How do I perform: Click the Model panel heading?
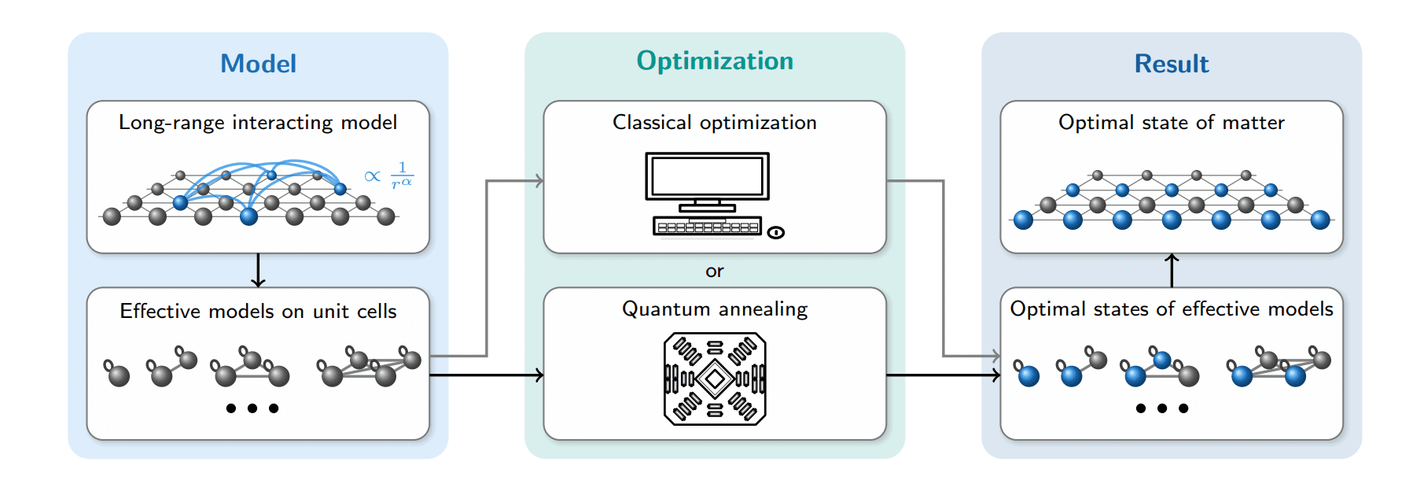click(258, 64)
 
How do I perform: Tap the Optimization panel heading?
click(714, 61)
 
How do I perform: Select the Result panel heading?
click(1171, 64)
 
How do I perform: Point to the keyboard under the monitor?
click(707, 227)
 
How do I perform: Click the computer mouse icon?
click(776, 232)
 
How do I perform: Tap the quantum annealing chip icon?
click(715, 379)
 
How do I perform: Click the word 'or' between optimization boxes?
click(714, 272)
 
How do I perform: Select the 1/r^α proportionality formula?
click(390, 175)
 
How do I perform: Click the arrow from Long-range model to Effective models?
click(258, 271)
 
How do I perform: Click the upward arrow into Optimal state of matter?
click(1172, 270)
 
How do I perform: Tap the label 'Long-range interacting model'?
click(258, 123)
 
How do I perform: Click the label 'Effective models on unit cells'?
click(258, 312)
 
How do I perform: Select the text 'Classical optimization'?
click(714, 123)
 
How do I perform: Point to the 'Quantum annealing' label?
click(714, 309)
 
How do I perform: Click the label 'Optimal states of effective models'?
click(1171, 309)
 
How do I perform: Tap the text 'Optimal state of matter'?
click(1171, 123)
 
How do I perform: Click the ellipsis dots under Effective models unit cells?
click(252, 408)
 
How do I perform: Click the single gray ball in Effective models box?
click(118, 375)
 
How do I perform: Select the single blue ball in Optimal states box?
click(1028, 375)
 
